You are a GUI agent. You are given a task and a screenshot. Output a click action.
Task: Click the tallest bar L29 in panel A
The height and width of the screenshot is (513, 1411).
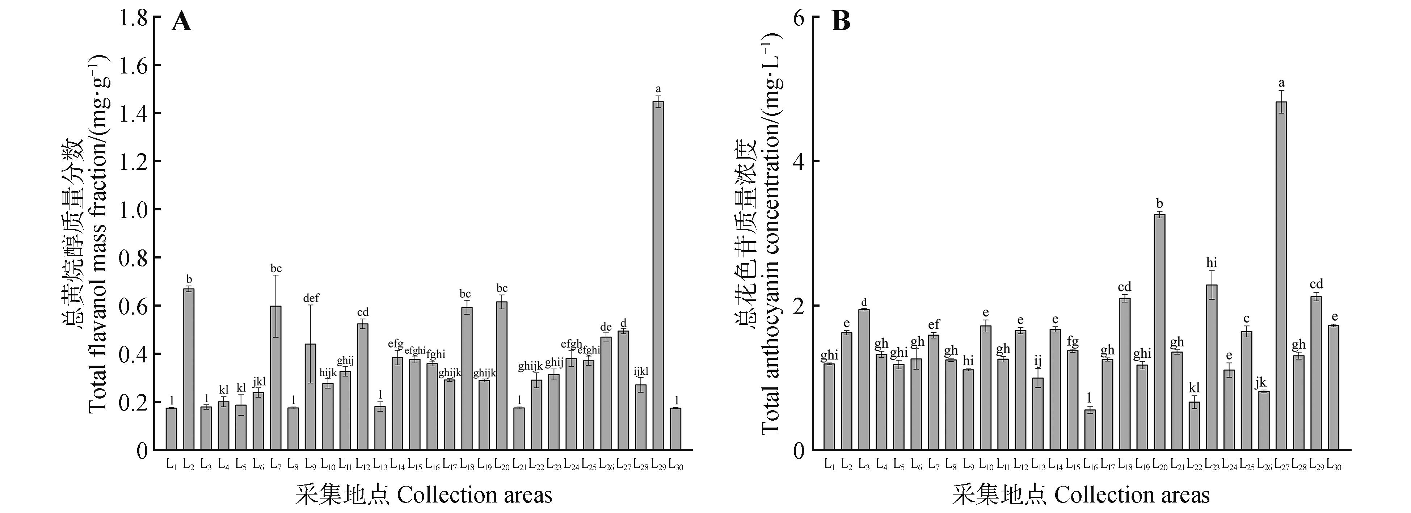coord(658,274)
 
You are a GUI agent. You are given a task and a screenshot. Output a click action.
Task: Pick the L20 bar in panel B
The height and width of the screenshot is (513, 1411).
coord(1159,332)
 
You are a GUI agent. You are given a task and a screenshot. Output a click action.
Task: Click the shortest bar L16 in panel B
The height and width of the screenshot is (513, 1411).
coord(1090,430)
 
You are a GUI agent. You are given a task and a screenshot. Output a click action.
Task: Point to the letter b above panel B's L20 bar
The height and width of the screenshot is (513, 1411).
coord(1159,203)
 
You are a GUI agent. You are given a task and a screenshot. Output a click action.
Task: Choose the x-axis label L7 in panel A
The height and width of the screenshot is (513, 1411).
coord(275,465)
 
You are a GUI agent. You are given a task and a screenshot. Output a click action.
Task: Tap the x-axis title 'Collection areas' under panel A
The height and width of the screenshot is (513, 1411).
coord(474,495)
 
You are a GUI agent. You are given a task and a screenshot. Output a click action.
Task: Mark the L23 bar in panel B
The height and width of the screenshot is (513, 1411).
coord(1212,367)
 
